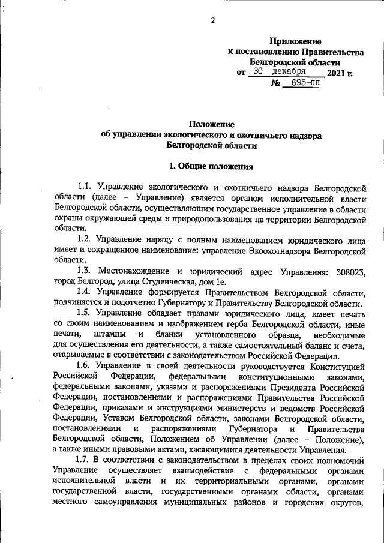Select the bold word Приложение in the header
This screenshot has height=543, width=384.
(x=295, y=41)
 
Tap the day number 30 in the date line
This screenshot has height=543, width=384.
(x=258, y=71)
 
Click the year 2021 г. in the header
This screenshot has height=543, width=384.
(x=340, y=73)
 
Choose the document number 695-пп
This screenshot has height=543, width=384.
(x=305, y=84)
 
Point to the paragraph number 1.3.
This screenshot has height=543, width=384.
(x=86, y=272)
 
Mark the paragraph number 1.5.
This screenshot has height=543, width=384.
(x=85, y=313)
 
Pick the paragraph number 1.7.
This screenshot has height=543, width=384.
(x=85, y=459)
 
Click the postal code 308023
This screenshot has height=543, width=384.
(x=349, y=272)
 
